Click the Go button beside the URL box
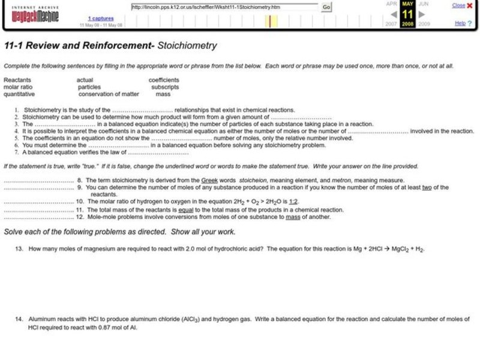(x=326, y=7)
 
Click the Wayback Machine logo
(x=34, y=14)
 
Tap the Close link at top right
(x=458, y=5)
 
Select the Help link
(x=460, y=23)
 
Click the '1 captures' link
(x=101, y=19)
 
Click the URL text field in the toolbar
(x=224, y=7)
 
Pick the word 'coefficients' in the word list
(x=164, y=79)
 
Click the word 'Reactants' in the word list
(x=17, y=79)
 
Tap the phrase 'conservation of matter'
(x=109, y=94)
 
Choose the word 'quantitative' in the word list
(x=19, y=94)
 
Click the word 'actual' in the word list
(x=85, y=79)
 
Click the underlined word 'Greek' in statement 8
(x=217, y=180)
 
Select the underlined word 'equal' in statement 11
(x=186, y=210)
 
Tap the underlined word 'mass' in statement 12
(x=292, y=217)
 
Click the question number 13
(x=20, y=248)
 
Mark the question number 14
(x=20, y=319)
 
